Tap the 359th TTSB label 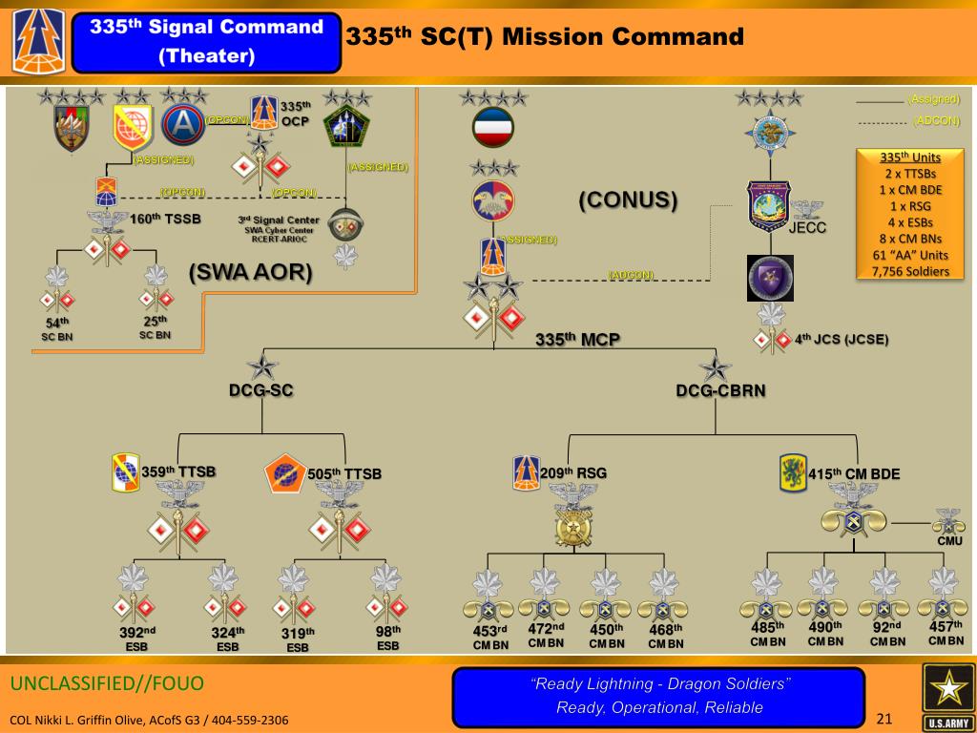[x=178, y=471]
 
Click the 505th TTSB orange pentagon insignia [x=284, y=473]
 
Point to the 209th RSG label [x=572, y=472]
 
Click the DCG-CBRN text [x=714, y=390]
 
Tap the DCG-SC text [x=260, y=389]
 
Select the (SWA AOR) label [x=250, y=273]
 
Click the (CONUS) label [x=628, y=200]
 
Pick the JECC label [x=807, y=228]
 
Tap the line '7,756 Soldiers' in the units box [x=910, y=271]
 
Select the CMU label [x=949, y=541]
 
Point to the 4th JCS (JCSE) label [x=838, y=338]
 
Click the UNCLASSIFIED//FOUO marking [x=107, y=684]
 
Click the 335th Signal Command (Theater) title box [x=207, y=42]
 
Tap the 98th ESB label [x=387, y=638]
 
